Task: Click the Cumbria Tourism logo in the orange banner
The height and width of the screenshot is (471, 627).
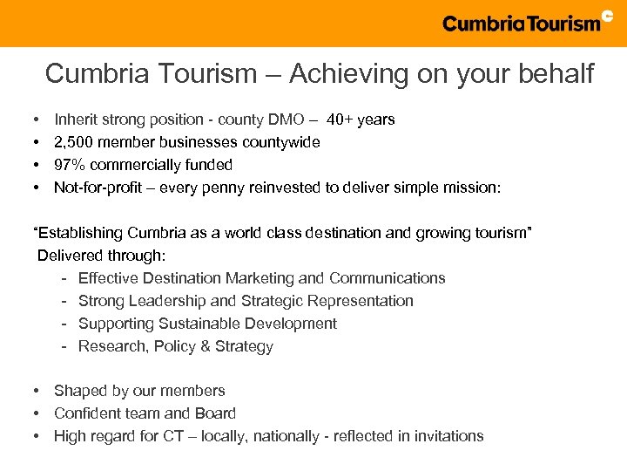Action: click(521, 24)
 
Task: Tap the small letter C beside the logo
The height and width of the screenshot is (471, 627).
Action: click(608, 15)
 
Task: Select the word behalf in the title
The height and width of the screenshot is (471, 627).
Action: click(558, 74)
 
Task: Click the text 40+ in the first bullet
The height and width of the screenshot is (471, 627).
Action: click(341, 119)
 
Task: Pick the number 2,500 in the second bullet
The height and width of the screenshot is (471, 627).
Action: click(74, 142)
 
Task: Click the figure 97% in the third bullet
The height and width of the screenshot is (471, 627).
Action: click(71, 165)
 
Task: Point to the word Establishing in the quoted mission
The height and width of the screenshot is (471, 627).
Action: click(79, 233)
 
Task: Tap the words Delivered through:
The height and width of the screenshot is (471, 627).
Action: click(101, 256)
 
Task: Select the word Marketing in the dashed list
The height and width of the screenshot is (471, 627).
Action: click(259, 278)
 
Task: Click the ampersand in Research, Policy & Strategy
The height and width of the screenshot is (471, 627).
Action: click(193, 346)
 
